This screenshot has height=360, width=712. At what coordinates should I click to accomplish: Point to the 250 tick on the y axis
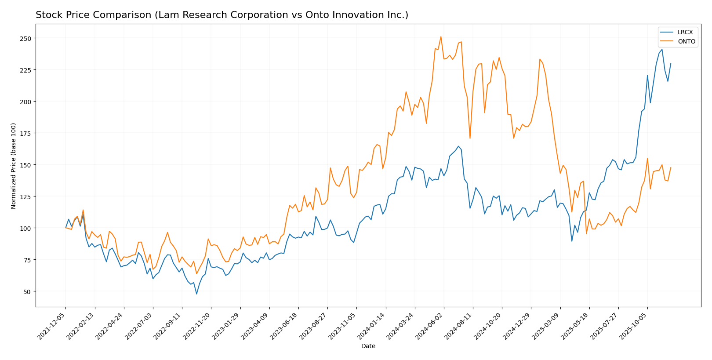point(26,38)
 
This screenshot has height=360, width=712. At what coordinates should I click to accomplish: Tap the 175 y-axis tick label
point(26,133)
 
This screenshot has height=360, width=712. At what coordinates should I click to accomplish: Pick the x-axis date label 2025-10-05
point(634,326)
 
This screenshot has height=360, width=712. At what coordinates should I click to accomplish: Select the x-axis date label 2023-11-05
point(343,326)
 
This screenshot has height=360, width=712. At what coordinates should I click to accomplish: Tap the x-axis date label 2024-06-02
point(431,326)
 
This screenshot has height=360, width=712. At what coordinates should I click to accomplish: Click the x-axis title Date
point(368,346)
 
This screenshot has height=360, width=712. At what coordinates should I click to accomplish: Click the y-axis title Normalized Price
point(14,166)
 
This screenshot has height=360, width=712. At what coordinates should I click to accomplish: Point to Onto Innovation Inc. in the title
point(371,15)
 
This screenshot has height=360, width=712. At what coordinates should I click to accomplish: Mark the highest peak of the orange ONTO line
point(441,36)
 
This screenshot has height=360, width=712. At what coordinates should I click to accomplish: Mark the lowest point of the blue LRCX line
point(196,294)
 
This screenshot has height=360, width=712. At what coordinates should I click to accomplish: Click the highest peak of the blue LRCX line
point(662,49)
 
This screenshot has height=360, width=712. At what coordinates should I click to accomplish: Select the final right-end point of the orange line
point(671,167)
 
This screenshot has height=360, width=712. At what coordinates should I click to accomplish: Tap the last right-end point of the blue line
point(671,64)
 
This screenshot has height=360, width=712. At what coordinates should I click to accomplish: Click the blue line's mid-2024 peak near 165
point(458,146)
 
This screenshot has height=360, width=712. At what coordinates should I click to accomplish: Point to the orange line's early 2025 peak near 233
point(540,59)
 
